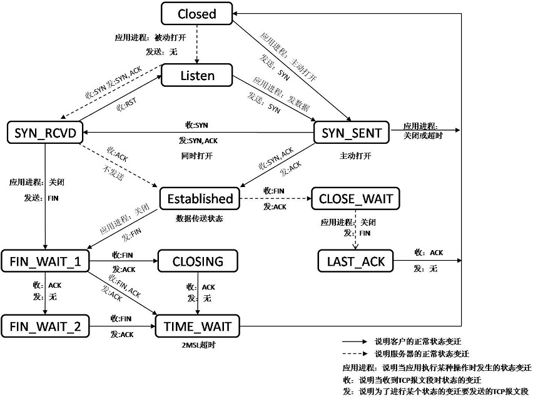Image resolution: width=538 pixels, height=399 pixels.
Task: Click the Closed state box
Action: (196, 14)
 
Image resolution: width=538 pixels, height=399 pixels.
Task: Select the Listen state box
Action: (197, 76)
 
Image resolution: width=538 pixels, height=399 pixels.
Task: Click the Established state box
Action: (200, 199)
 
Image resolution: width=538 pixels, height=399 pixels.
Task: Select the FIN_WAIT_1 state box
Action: (44, 260)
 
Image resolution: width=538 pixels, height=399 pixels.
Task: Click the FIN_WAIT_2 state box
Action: (44, 326)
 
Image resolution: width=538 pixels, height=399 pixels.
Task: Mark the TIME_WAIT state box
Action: (198, 326)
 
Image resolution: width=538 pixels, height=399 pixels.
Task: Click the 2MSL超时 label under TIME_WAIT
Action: (197, 345)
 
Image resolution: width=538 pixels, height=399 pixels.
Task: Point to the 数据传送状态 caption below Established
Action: (200, 218)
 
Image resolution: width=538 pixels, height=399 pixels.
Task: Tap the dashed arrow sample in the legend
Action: (355, 354)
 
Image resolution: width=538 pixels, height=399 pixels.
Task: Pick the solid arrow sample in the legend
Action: (355, 342)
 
